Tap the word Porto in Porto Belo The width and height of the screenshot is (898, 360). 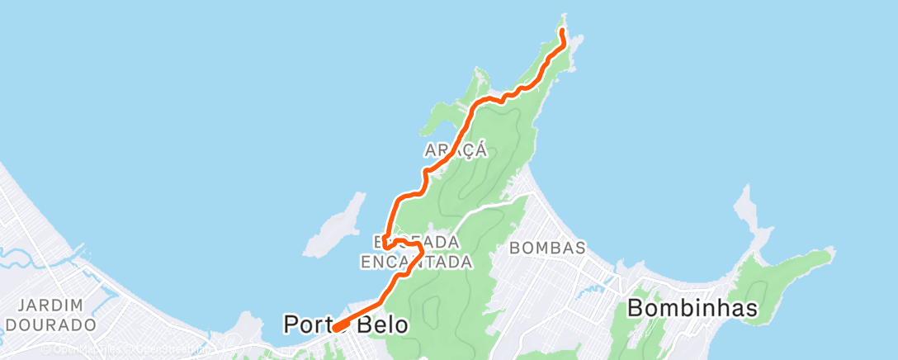310,324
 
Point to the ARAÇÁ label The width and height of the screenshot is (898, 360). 455,150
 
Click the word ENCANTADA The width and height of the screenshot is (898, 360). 417,262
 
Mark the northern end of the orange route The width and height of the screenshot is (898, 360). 562,31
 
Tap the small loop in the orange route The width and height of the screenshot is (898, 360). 402,246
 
